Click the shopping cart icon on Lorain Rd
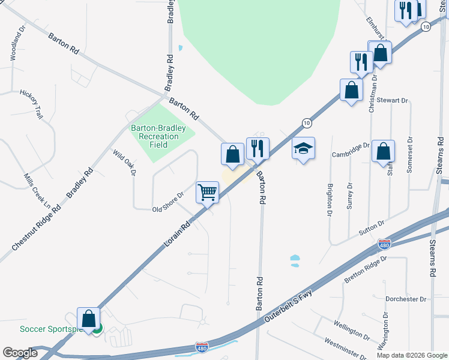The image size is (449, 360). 207,193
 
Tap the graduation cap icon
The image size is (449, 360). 304,148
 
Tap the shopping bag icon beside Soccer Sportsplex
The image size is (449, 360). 89,319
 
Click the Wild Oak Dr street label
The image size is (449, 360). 125,163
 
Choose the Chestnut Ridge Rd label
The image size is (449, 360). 36,229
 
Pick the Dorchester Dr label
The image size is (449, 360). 405,299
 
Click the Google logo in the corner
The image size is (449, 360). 20,353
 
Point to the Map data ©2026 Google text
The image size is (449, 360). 412,355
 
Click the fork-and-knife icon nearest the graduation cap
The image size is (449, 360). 258,148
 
